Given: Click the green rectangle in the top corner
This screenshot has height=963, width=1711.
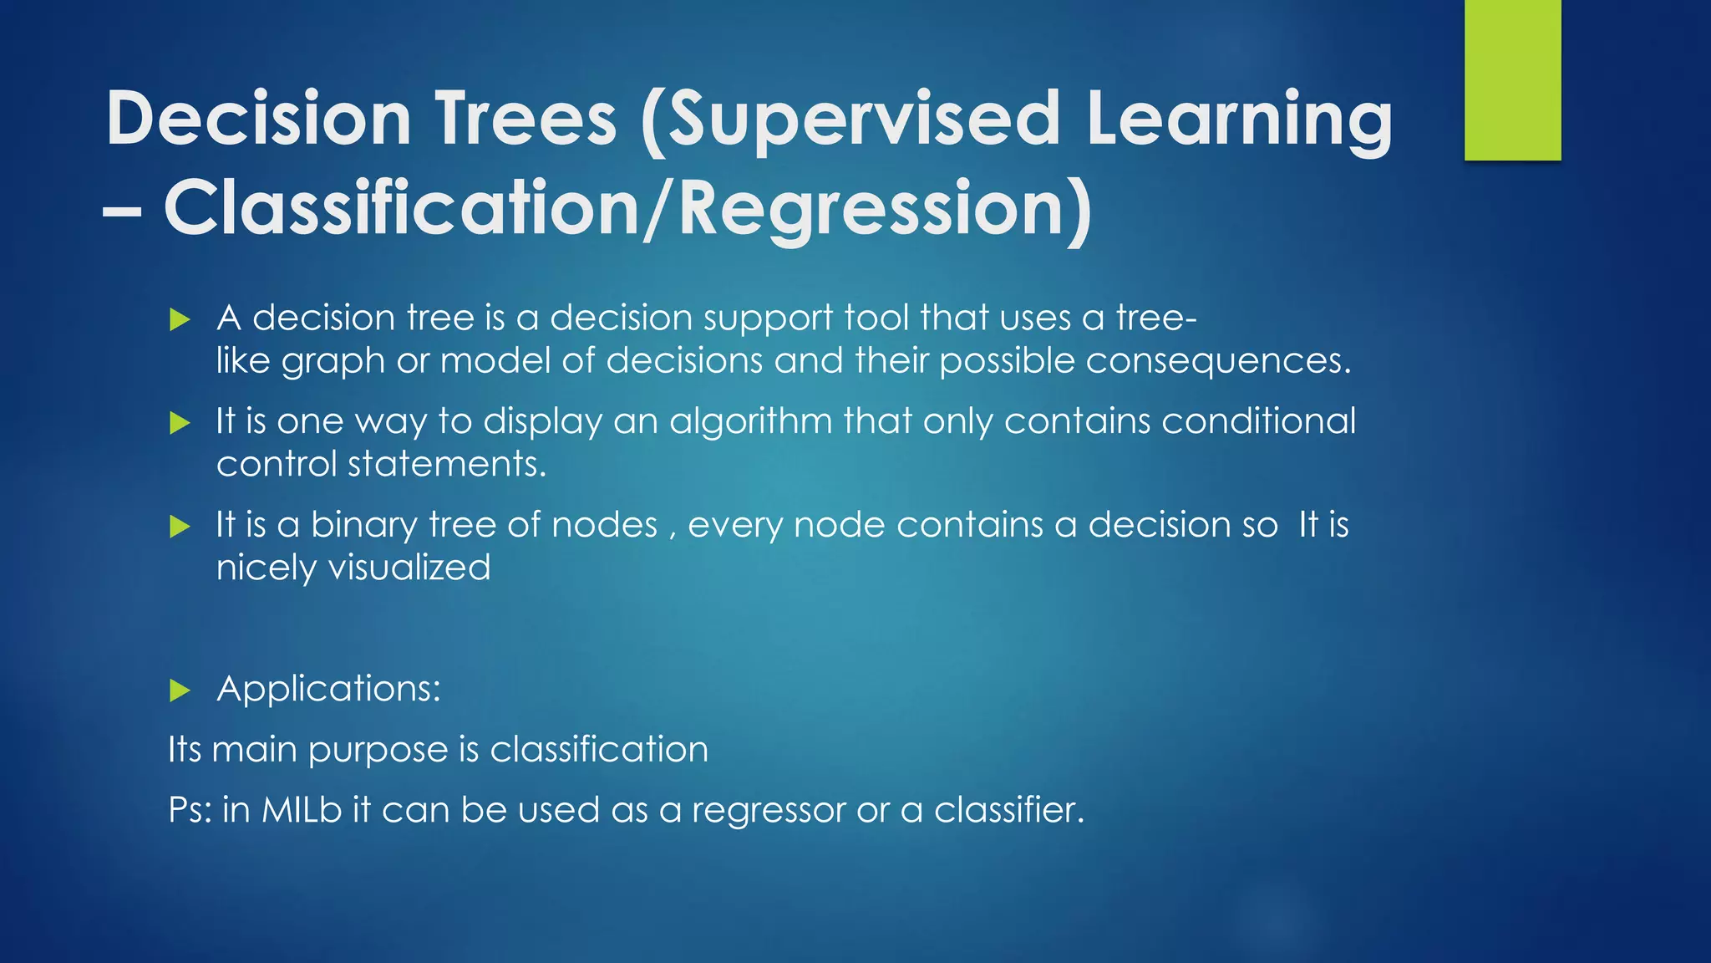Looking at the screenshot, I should (1512, 80).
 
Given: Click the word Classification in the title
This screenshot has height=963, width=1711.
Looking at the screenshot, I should (401, 209).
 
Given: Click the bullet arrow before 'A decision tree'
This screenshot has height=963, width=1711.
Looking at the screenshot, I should (180, 319).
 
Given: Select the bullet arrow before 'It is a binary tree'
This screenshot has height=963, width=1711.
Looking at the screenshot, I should (180, 526).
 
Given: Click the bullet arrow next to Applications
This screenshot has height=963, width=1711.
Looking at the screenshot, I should (180, 690).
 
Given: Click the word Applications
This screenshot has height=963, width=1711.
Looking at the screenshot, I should (327, 690).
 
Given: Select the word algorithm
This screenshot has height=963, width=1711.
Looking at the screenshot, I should (750, 422).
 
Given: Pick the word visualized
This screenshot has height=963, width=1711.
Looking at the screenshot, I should (409, 568).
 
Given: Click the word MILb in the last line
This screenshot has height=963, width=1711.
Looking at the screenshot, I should (302, 810).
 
